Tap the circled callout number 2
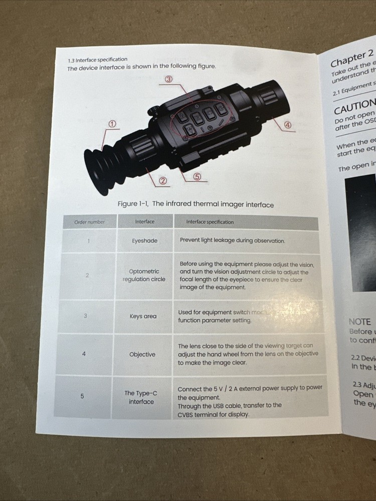click(163, 180)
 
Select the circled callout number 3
click(169, 79)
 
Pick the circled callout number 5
click(197, 176)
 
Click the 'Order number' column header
click(89, 222)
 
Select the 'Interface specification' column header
click(210, 222)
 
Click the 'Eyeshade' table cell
click(144, 241)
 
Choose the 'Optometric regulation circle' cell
click(144, 276)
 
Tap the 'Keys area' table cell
click(143, 317)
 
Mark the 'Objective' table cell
click(142, 355)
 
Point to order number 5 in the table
click(82, 396)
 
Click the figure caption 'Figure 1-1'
click(195, 204)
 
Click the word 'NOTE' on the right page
click(359, 322)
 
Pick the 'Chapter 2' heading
click(352, 58)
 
